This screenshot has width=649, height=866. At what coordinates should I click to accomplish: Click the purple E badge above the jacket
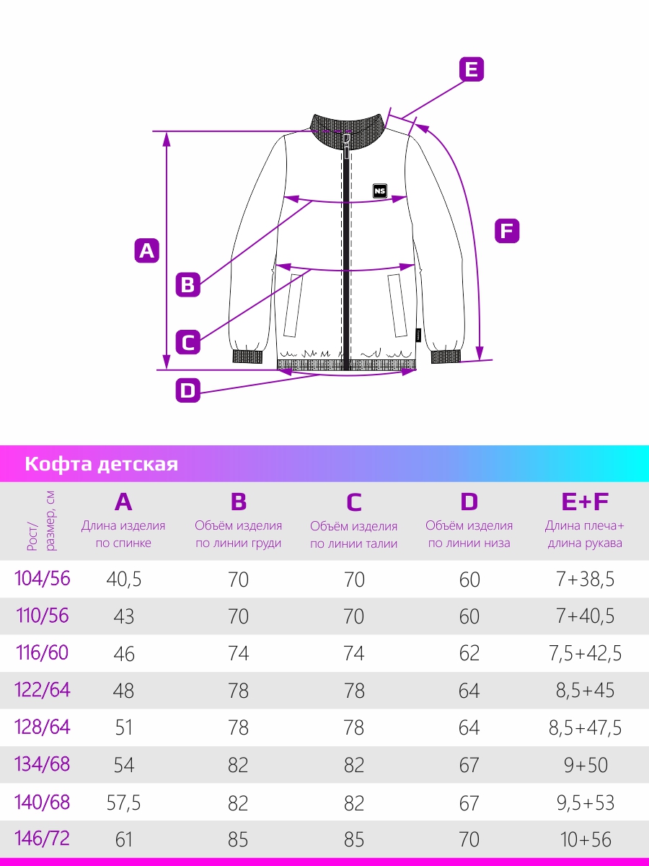click(x=472, y=69)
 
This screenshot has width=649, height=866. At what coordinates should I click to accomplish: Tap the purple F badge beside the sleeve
click(x=507, y=231)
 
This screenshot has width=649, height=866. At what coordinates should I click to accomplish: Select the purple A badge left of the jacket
click(x=146, y=250)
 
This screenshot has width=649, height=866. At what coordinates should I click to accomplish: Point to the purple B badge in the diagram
click(x=187, y=284)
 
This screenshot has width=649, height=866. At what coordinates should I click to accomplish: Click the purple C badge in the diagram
click(x=187, y=342)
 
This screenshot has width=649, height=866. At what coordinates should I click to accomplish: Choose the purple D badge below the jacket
click(x=187, y=390)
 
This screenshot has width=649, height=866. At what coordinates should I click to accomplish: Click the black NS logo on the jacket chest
click(x=380, y=191)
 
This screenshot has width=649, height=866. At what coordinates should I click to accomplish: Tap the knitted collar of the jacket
click(x=347, y=131)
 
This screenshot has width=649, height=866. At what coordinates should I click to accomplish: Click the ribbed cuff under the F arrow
click(x=446, y=357)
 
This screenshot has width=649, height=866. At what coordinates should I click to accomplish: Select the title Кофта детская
click(x=101, y=464)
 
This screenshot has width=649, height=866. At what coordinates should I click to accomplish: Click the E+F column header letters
click(x=585, y=502)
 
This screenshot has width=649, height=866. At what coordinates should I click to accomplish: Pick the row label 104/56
click(x=42, y=579)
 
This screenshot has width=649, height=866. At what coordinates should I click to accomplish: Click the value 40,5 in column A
click(x=124, y=579)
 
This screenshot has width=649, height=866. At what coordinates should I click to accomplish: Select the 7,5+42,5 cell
click(x=585, y=653)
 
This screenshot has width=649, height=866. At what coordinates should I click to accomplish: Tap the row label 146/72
click(x=42, y=839)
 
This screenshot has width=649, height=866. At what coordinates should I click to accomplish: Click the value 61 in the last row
click(x=123, y=839)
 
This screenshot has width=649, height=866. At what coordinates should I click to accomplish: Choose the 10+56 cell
click(x=586, y=839)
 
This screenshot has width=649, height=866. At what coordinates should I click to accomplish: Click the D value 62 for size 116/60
click(x=469, y=653)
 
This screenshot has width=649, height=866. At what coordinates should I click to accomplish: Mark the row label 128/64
click(x=42, y=727)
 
